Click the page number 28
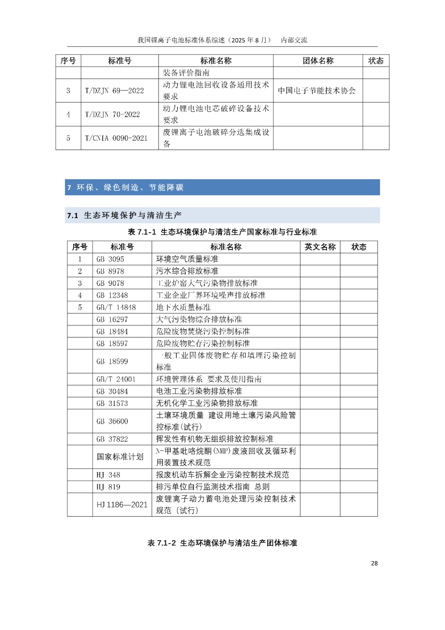(x=374, y=563)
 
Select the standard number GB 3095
(x=110, y=259)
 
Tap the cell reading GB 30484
(x=112, y=391)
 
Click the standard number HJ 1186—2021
(x=122, y=504)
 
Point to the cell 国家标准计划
(x=120, y=457)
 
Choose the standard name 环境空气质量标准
(x=187, y=259)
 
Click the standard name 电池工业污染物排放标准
(x=199, y=391)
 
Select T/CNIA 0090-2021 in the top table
(x=116, y=138)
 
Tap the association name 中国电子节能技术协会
(x=317, y=91)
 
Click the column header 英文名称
(x=320, y=247)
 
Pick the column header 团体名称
(x=318, y=61)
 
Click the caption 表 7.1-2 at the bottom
(x=222, y=543)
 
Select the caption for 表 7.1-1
(x=222, y=232)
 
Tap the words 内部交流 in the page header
(x=294, y=40)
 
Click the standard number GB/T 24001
(x=116, y=379)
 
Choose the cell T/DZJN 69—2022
(x=114, y=91)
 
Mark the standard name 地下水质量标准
(x=183, y=307)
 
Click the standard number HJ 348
(x=108, y=475)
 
